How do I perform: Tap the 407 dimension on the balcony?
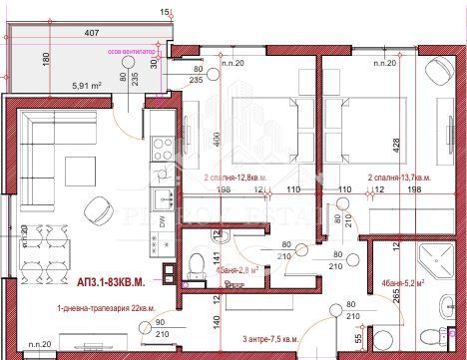click(x=91, y=34)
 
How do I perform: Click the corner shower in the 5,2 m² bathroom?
click(x=435, y=263)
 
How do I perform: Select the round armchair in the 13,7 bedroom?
click(x=436, y=71)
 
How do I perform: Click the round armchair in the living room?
click(x=101, y=208)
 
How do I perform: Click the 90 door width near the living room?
click(x=162, y=322)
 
